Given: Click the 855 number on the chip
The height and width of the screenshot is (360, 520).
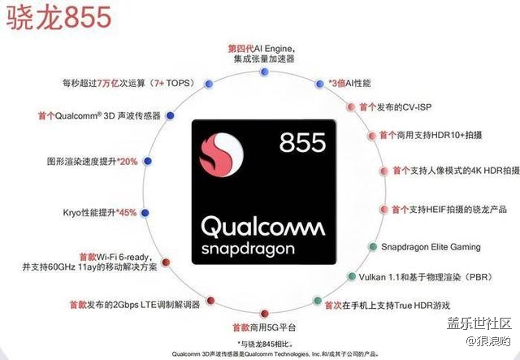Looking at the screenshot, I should point(302,143).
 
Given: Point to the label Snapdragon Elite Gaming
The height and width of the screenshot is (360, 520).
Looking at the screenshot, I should point(431,247).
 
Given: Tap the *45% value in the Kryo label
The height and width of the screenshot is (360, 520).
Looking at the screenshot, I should point(126,213).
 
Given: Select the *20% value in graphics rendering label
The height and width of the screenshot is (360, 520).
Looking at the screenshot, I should point(128,162).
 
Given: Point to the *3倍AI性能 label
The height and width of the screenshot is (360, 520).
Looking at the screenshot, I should point(349,83).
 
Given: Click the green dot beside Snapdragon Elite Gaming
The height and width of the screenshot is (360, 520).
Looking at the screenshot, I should point(373,246).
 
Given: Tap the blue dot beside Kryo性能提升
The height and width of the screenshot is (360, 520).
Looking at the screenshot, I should point(145,213).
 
